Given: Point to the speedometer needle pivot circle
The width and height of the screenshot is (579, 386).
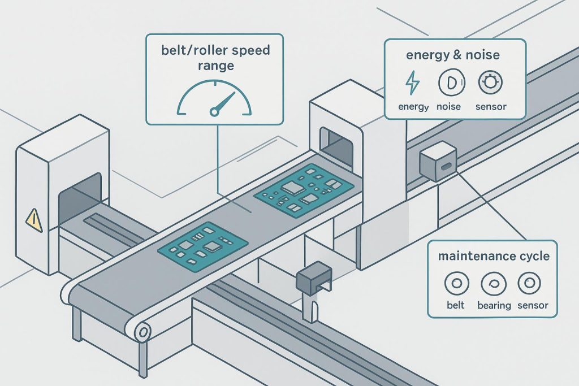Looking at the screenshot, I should [214, 112].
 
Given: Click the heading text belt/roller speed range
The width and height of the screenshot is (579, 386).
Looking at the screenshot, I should [214, 58].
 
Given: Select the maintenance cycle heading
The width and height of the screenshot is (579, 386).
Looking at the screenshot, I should [494, 256].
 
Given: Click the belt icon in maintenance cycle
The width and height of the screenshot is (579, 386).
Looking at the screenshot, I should [455, 284].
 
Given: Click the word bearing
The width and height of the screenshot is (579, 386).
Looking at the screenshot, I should [494, 306].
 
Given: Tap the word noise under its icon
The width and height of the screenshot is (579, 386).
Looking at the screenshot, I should [448, 106].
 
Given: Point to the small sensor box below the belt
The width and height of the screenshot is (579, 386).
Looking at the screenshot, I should [312, 277].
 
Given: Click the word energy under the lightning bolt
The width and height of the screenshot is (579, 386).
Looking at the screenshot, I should [413, 106].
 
